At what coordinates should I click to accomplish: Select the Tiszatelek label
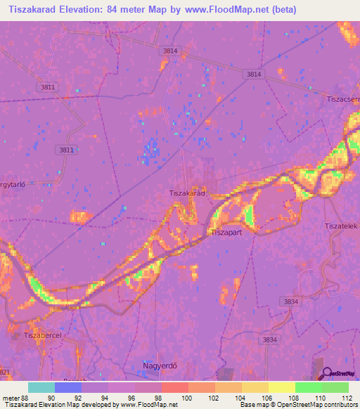(341, 226)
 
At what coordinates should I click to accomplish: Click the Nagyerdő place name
(155, 367)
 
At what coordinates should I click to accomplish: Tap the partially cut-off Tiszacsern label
(342, 99)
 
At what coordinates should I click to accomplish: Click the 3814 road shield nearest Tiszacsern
(254, 74)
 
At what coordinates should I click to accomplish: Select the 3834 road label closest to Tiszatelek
(289, 301)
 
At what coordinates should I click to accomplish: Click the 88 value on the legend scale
(25, 397)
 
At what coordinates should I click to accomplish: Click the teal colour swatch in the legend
(41, 387)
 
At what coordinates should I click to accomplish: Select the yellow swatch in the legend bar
(281, 387)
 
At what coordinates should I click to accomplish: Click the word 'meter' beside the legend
(9, 397)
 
